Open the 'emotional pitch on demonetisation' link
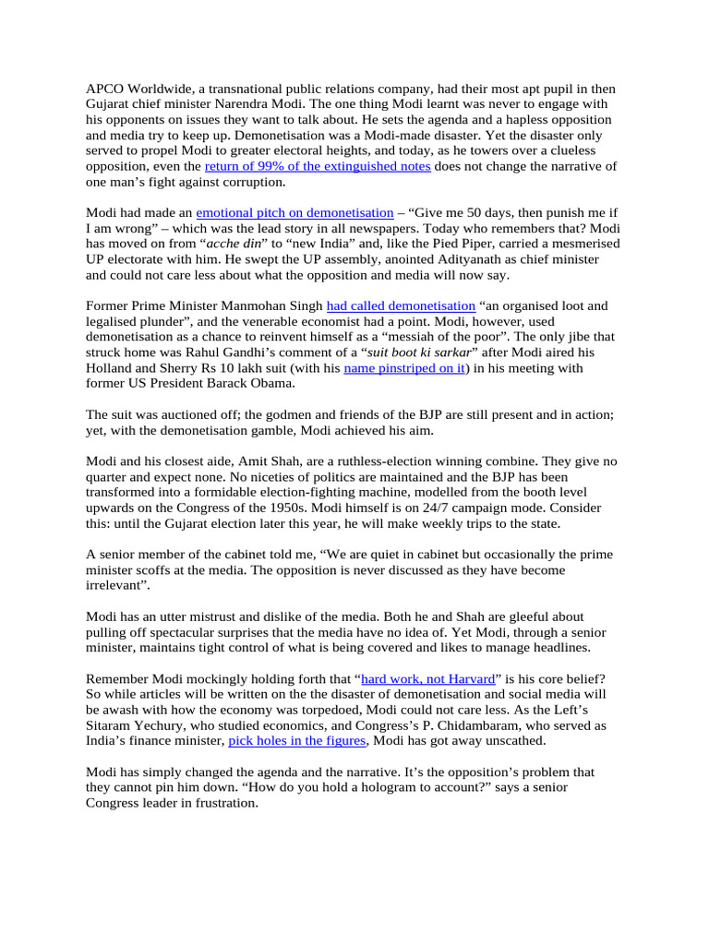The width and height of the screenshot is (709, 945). [294, 212]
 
